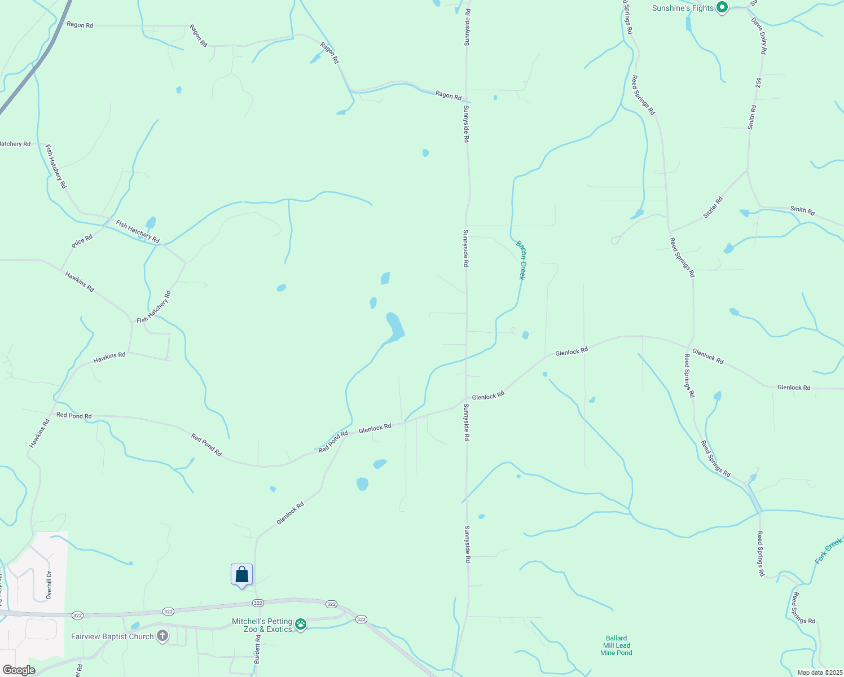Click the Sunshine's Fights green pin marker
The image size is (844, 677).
pyautogui.click(x=722, y=7)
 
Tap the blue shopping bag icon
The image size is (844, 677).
pyautogui.click(x=241, y=575)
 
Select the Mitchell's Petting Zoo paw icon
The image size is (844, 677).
pyautogui.click(x=301, y=624)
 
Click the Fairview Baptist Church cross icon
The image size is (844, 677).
pyautogui.click(x=162, y=636)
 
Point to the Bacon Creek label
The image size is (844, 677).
pyautogui.click(x=521, y=260)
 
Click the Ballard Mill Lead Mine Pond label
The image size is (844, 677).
pyautogui.click(x=616, y=645)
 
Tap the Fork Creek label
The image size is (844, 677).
pyautogui.click(x=828, y=551)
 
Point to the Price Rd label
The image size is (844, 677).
pyautogui.click(x=82, y=241)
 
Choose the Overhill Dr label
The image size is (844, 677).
pyautogui.click(x=49, y=585)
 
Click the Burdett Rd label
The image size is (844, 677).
pyautogui.click(x=257, y=649)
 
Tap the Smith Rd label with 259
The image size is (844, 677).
pyautogui.click(x=752, y=117)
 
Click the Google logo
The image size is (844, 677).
pyautogui.click(x=19, y=670)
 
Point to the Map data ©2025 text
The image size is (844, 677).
pyautogui.click(x=819, y=672)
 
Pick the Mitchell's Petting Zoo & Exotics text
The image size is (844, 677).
pyautogui.click(x=262, y=625)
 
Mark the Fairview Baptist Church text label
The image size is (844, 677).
pyautogui.click(x=112, y=636)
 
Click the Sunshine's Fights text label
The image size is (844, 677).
pyautogui.click(x=683, y=8)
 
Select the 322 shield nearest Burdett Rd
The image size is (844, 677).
pyautogui.click(x=258, y=603)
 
